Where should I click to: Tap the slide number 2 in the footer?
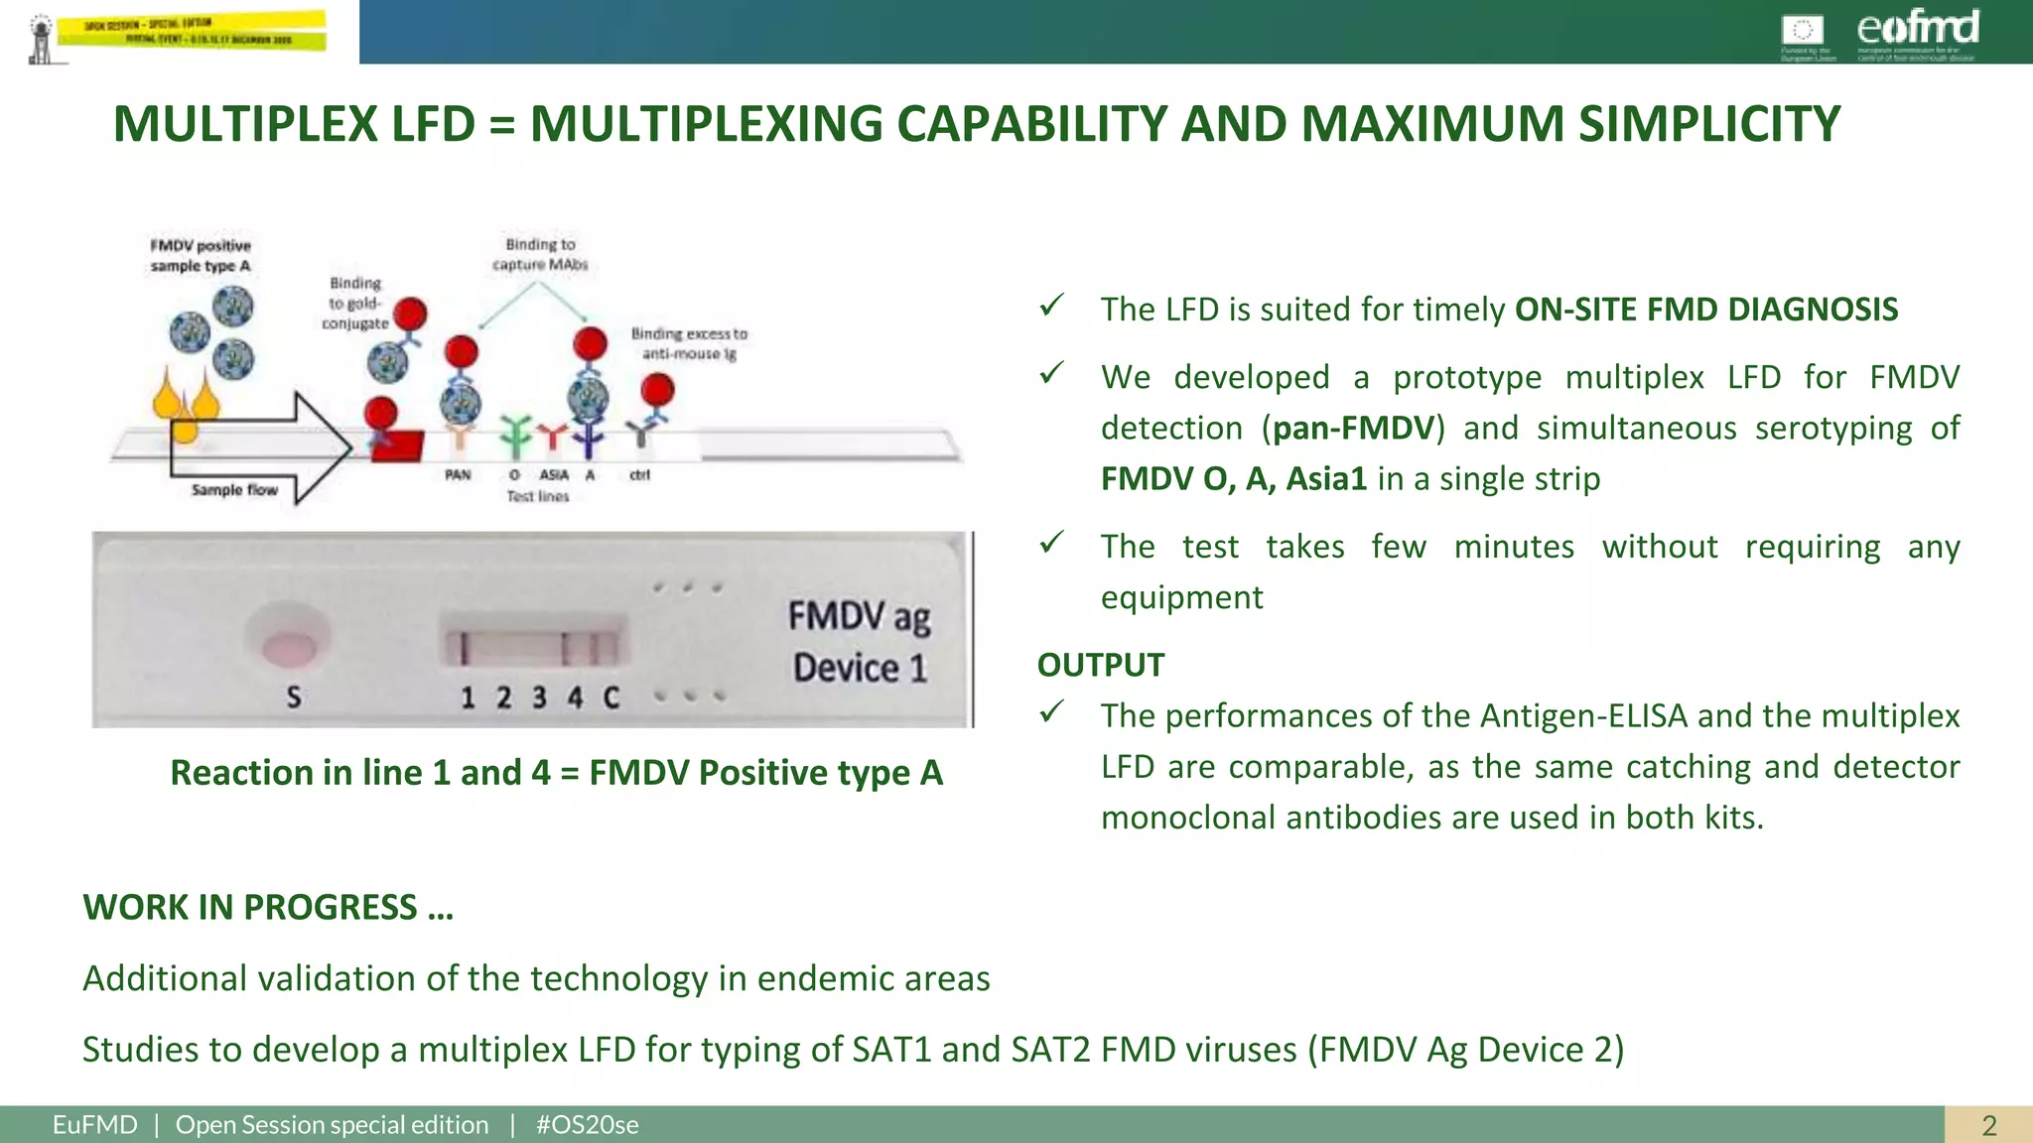pos(1988,1125)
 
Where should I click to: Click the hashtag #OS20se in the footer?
pos(587,1125)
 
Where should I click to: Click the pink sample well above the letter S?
pos(289,648)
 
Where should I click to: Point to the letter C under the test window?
pos(611,698)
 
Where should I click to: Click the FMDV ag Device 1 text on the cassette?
pos(860,641)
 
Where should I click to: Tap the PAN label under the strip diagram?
pos(458,475)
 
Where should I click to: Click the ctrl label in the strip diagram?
pos(639,475)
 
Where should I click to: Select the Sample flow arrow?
pos(260,448)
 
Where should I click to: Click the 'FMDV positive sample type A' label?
pos(201,255)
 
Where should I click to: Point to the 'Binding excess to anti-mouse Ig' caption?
pos(689,343)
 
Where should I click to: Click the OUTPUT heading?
pos(1100,665)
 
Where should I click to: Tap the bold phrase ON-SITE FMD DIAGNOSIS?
pos(1705,310)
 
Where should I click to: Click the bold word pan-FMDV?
pos(1353,428)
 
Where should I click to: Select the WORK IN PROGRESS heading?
pos(267,907)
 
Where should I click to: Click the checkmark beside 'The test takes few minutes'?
pos(1051,543)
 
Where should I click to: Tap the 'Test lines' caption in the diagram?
pos(537,496)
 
